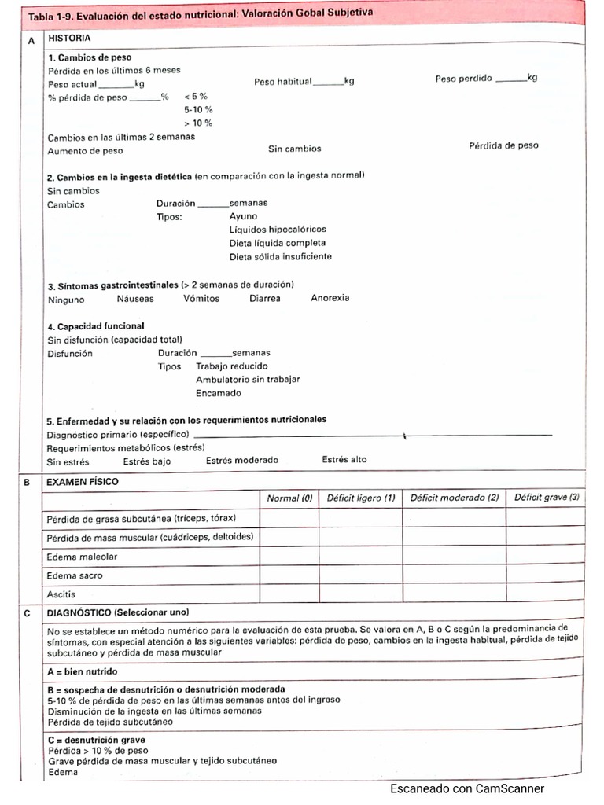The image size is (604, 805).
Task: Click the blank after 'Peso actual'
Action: tap(116, 85)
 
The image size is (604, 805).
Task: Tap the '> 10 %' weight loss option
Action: tap(198, 123)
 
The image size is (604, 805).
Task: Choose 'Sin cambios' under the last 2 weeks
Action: tap(294, 148)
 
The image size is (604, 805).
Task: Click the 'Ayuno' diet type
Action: tap(243, 216)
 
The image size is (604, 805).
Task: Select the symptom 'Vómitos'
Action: tap(201, 299)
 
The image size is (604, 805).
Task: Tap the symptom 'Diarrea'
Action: tap(264, 299)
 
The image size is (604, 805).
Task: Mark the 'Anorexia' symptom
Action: tap(330, 298)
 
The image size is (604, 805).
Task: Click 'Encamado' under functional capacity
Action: tap(219, 393)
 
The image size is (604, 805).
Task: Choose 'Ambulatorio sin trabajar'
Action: tap(248, 380)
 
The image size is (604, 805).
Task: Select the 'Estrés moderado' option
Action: tap(242, 461)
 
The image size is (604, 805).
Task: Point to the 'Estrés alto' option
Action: tap(344, 460)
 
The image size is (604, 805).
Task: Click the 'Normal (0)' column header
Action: tap(289, 498)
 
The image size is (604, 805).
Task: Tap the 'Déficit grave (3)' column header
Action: tap(547, 498)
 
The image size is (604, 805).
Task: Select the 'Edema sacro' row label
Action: tap(75, 575)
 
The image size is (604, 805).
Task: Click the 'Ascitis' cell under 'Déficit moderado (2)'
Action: tap(454, 594)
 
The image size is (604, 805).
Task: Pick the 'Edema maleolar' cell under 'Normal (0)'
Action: tap(289, 557)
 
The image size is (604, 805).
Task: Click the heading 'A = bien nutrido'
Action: tap(83, 671)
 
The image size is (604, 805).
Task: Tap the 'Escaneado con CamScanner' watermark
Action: tap(466, 789)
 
